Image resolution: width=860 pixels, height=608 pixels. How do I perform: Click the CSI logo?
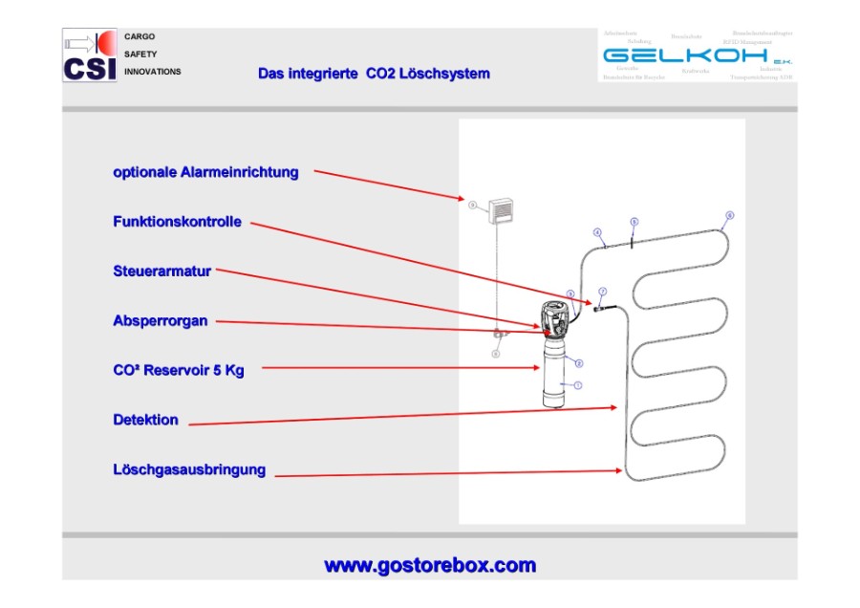coord(90,55)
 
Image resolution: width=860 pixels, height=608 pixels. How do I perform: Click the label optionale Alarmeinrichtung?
coord(205,173)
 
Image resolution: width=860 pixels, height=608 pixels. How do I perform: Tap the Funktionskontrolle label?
coord(177,222)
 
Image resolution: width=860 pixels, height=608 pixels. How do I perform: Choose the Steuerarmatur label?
coord(161,271)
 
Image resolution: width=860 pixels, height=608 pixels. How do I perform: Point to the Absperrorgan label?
coord(160,321)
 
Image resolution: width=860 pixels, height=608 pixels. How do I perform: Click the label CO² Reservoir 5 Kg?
coord(178,370)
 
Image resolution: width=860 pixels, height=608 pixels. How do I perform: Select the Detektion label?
coord(145,420)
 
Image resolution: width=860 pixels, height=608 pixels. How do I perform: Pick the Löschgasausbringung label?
coord(189,469)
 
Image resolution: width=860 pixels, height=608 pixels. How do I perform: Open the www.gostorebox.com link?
coord(430,565)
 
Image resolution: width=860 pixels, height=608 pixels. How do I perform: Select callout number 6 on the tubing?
coord(730,215)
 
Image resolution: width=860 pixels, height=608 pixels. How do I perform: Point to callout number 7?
coord(602,290)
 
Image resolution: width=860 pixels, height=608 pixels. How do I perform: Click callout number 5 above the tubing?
coord(634,221)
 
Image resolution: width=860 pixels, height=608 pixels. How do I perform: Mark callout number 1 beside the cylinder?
coord(577,385)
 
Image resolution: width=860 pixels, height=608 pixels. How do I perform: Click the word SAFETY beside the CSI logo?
coord(140,54)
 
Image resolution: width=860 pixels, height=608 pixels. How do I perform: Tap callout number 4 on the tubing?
coord(597,232)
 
